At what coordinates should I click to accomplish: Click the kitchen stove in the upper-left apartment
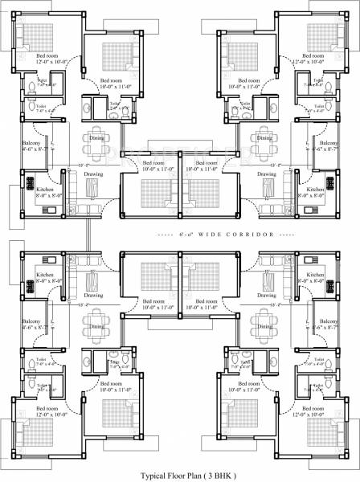(23, 183)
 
